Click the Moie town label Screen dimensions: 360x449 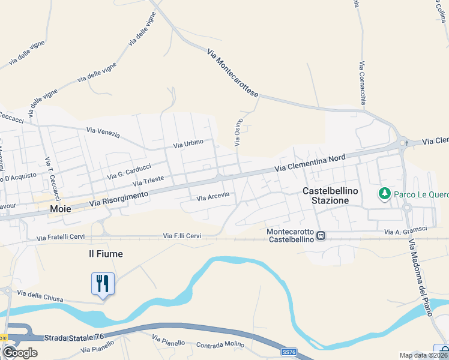coord(61,209)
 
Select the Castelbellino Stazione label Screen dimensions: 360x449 coord(330,196)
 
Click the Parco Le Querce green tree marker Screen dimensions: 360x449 coord(384,194)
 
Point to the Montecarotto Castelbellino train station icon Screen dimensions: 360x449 coord(321,236)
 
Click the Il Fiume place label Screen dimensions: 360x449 coord(106,254)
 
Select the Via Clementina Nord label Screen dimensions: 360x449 coord(310,163)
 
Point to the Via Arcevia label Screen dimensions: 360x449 coord(213,197)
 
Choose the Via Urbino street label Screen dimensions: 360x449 coord(188,143)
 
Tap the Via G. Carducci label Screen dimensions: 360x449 coord(128,171)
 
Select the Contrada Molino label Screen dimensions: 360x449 coord(221,345)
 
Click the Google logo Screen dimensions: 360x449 coord(20,352)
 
